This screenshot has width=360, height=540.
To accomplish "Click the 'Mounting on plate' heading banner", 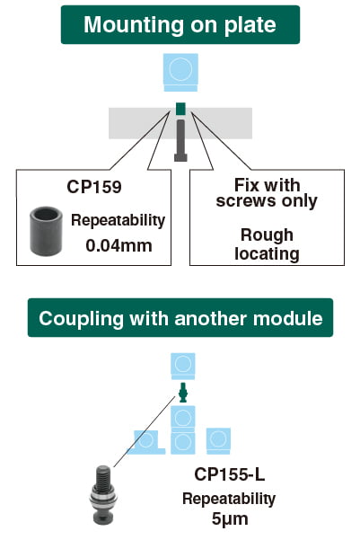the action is click(x=180, y=25).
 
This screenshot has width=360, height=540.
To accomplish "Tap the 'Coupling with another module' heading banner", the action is click(x=180, y=318).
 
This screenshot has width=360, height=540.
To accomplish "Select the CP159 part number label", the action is click(x=94, y=187).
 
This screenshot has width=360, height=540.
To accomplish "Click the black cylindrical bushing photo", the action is click(x=46, y=231).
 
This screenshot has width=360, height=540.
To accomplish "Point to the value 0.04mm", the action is click(x=119, y=245).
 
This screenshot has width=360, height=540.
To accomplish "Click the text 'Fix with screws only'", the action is click(x=267, y=193).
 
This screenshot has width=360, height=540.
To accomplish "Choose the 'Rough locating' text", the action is click(x=267, y=244).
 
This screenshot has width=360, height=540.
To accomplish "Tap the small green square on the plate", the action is click(x=180, y=109).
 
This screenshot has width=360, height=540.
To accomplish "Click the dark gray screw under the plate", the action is click(x=180, y=140).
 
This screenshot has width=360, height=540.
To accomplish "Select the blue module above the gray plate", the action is click(x=180, y=72).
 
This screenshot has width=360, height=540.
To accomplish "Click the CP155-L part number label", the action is click(x=230, y=474).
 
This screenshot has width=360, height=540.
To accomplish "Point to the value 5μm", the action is click(x=230, y=518).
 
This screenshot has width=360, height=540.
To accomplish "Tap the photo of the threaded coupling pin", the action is click(x=103, y=495).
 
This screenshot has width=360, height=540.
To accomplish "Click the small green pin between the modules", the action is click(x=183, y=393).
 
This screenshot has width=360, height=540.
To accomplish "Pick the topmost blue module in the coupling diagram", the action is click(x=183, y=366).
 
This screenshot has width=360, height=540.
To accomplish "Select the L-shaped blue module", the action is click(x=146, y=442).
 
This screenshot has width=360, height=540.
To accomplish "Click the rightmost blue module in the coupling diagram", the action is click(x=218, y=441).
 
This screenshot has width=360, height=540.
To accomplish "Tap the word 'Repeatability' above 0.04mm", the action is click(x=118, y=220).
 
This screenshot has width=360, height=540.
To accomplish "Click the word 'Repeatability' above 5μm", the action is click(x=229, y=499).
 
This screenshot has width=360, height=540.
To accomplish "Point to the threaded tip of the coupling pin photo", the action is click(x=103, y=475).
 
